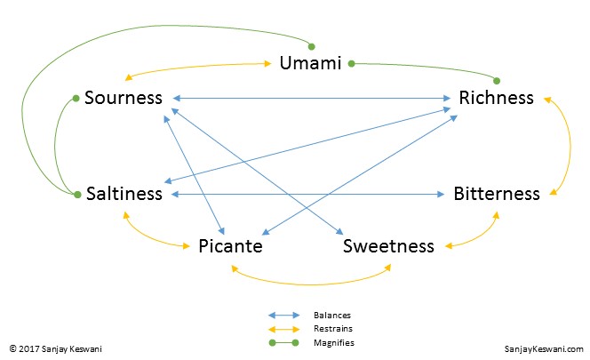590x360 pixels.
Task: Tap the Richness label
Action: click(496, 97)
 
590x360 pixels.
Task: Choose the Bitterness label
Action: click(496, 193)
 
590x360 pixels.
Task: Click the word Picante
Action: click(230, 245)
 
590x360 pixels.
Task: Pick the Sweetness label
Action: click(388, 245)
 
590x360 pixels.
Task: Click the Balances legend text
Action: click(331, 315)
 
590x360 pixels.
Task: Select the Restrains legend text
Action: click(332, 328)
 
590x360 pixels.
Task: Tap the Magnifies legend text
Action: click(334, 341)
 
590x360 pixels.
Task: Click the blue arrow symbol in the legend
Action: click(284, 315)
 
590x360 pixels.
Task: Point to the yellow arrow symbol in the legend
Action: click(284, 328)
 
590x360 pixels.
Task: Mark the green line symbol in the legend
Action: click(284, 341)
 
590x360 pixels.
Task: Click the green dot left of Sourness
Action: click(76, 98)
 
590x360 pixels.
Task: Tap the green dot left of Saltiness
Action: click(77, 193)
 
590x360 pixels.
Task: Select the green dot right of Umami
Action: click(352, 63)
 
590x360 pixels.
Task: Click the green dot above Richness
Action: click(498, 80)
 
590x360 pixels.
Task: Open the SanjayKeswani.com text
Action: click(543, 350)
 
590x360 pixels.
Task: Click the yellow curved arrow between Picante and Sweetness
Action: click(311, 282)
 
